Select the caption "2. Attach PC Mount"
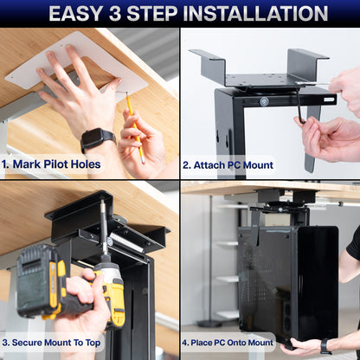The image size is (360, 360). [x=228, y=164]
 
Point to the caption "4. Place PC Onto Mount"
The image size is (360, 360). [x=229, y=342]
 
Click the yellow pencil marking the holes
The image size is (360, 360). [x=134, y=125]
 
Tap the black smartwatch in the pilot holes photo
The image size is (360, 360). [x=97, y=138]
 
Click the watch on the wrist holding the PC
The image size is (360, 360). [x=326, y=346]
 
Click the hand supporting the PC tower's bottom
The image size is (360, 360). [x=303, y=346]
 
